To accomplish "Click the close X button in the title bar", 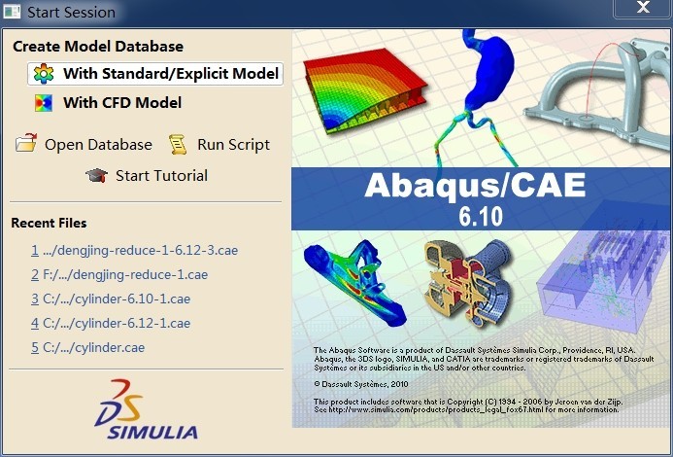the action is [x=643, y=8].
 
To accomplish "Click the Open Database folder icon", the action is [x=26, y=143].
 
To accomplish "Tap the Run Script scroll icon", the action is [x=178, y=144].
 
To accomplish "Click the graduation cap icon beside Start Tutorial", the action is [x=97, y=175].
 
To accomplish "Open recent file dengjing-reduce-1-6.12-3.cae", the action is [x=135, y=250].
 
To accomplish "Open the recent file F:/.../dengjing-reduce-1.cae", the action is [x=119, y=275].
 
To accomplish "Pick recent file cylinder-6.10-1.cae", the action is [x=111, y=299].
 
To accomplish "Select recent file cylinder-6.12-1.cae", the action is [x=111, y=323].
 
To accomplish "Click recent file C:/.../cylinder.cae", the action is [x=88, y=347].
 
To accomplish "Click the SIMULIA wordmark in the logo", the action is [x=153, y=432].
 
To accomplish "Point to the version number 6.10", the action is [x=481, y=216].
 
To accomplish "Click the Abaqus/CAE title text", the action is [x=475, y=186].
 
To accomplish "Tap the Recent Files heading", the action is [x=49, y=223].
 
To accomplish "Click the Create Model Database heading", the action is [x=98, y=47].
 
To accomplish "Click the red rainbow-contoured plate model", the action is [x=365, y=88].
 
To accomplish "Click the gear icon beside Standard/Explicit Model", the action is [x=44, y=74].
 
